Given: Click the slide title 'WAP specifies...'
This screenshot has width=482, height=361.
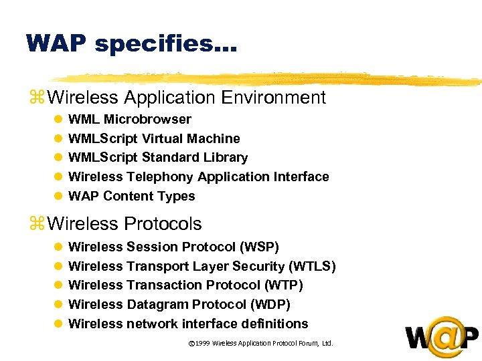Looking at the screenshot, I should [x=131, y=43].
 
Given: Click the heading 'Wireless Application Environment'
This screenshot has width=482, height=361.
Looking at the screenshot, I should [x=187, y=98].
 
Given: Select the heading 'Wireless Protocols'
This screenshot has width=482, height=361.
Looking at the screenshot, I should [x=125, y=223].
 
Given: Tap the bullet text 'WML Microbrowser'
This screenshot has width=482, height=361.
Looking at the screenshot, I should [x=130, y=120].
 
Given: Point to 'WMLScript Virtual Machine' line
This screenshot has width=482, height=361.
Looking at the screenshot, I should [x=154, y=139].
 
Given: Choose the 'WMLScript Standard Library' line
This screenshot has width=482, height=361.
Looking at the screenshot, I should [x=158, y=158].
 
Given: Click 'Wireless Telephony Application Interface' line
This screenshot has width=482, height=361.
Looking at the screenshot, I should [x=199, y=177].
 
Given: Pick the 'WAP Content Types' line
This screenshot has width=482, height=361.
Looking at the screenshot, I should [x=132, y=197].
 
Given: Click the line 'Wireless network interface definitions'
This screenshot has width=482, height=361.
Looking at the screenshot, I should [x=188, y=324].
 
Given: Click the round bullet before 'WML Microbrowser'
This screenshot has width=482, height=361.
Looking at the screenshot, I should [x=58, y=120].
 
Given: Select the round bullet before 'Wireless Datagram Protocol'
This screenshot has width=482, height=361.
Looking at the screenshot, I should [x=58, y=305].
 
